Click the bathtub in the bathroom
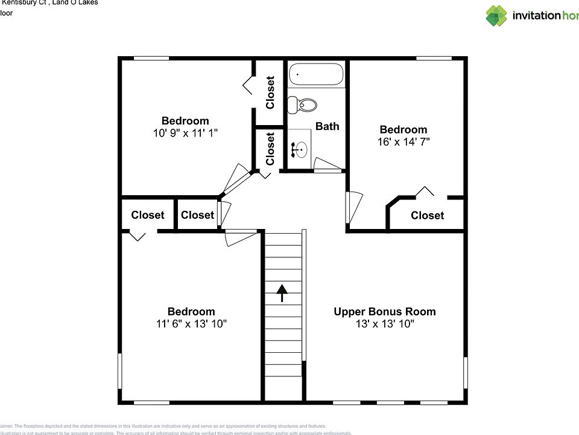coord(316,75)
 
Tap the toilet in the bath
coord(302,105)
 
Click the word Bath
coord(327,126)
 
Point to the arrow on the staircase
coord(282,293)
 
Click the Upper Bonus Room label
coord(385,312)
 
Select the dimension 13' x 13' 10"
coord(385,324)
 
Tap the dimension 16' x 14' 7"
coord(403,142)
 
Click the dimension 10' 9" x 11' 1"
coord(185,133)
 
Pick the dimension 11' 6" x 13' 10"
coord(191,324)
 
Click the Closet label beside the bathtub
coord(270,92)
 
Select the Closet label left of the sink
coord(270,149)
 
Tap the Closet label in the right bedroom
coord(427,216)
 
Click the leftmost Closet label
coord(148,215)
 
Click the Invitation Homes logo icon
coord(497,16)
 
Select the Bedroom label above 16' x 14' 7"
coord(403,129)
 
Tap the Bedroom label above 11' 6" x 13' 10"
coord(191,312)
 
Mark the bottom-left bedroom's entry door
coord(240,237)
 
